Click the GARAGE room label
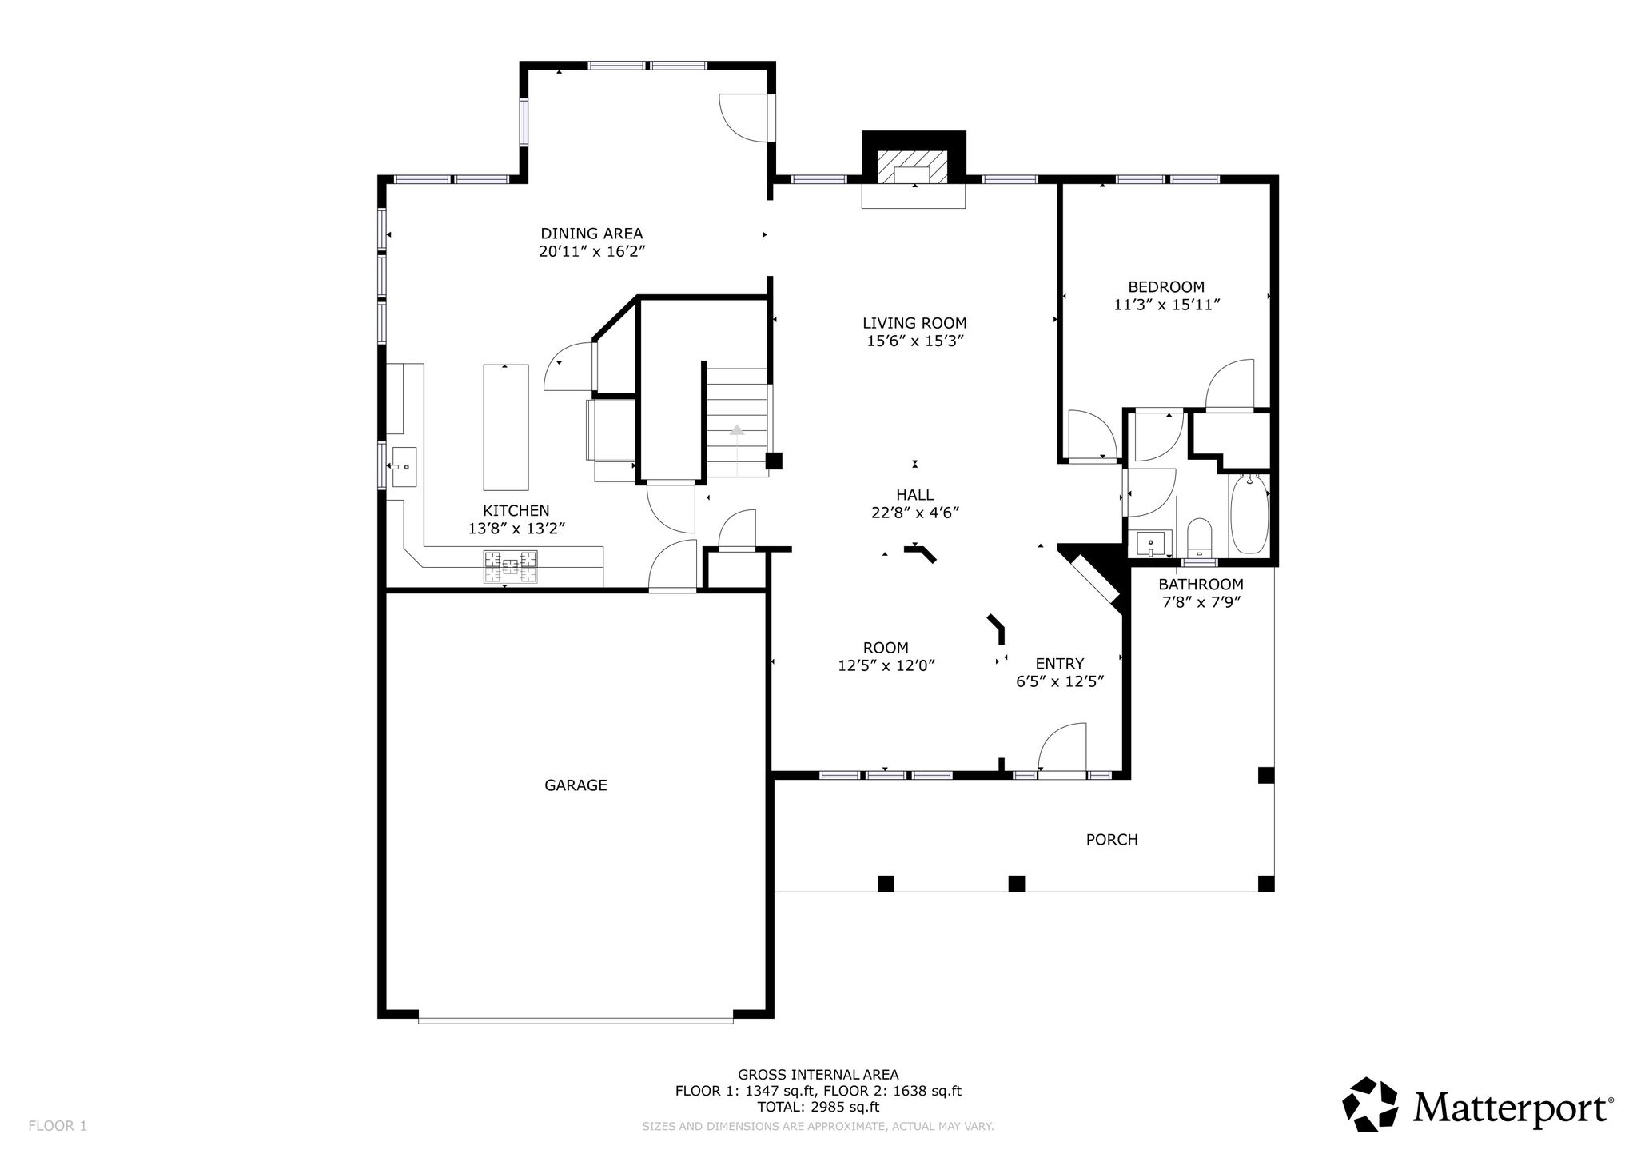point(576,785)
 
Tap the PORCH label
point(1112,840)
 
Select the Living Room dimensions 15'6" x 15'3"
point(914,341)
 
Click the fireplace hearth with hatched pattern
point(914,169)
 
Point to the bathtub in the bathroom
point(1249,513)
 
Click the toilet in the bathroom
point(1199,537)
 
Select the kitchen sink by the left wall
point(403,466)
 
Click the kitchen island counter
point(506,427)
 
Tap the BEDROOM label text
point(1166,287)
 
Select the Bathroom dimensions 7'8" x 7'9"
point(1201,602)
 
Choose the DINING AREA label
point(591,234)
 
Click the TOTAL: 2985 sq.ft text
point(818,1108)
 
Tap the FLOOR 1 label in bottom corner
point(58,1126)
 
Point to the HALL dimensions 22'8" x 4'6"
point(915,513)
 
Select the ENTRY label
point(1060,664)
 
